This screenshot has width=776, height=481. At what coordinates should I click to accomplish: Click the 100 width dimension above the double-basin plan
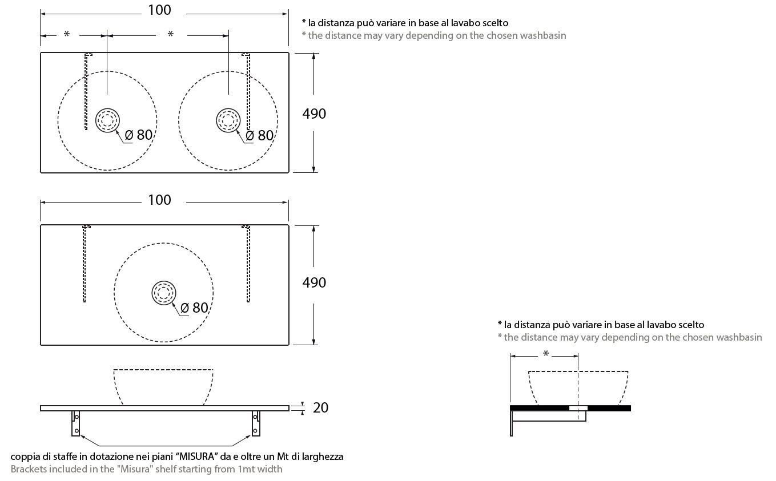pos(159,10)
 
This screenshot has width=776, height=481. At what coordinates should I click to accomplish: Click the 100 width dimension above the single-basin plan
pos(159,200)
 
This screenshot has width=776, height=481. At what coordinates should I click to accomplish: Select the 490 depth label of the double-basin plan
pos(314,114)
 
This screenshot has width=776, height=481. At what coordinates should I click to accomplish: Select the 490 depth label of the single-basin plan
pos(314,282)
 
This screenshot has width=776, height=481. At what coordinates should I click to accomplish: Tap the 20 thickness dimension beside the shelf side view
pos(320,408)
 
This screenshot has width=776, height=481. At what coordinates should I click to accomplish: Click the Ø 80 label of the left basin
pos(139,135)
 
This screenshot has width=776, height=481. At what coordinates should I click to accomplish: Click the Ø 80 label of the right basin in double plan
pos(259,135)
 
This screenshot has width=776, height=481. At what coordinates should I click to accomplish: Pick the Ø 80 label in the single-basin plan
pos(194,308)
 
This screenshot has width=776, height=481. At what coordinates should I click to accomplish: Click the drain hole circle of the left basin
pos(107,120)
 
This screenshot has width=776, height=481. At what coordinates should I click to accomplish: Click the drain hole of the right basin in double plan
pos(228,120)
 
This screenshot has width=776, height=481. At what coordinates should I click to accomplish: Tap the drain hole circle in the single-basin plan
pos(164,293)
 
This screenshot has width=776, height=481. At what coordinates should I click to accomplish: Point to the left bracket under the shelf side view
pos(75,423)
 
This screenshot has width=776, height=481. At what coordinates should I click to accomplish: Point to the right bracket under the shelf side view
pos(255,423)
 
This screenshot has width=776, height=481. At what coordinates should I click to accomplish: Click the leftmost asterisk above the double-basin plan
pos(67,35)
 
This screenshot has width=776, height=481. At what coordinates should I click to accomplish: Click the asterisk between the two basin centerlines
pos(170,35)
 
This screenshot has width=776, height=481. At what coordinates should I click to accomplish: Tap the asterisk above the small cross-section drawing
pos(546,355)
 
